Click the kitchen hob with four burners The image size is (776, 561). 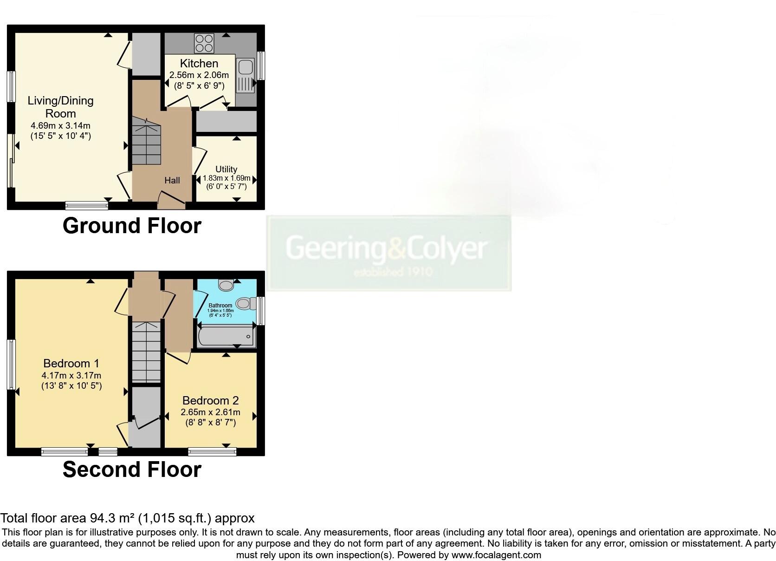coord(205,43)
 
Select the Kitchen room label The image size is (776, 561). coord(199,64)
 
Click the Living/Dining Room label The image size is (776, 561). coord(61,107)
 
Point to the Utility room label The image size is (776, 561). coord(226,170)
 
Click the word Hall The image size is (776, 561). coord(172,180)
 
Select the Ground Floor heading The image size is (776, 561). coord(132,226)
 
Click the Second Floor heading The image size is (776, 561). coord(132,470)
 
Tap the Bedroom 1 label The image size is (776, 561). coord(71,363)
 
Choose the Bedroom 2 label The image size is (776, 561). coord(210,400)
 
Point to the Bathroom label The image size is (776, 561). coord(220,306)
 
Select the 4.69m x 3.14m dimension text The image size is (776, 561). coord(61,125)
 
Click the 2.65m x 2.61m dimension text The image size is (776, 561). coord(210,412)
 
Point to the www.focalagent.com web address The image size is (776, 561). coord(496,554)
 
